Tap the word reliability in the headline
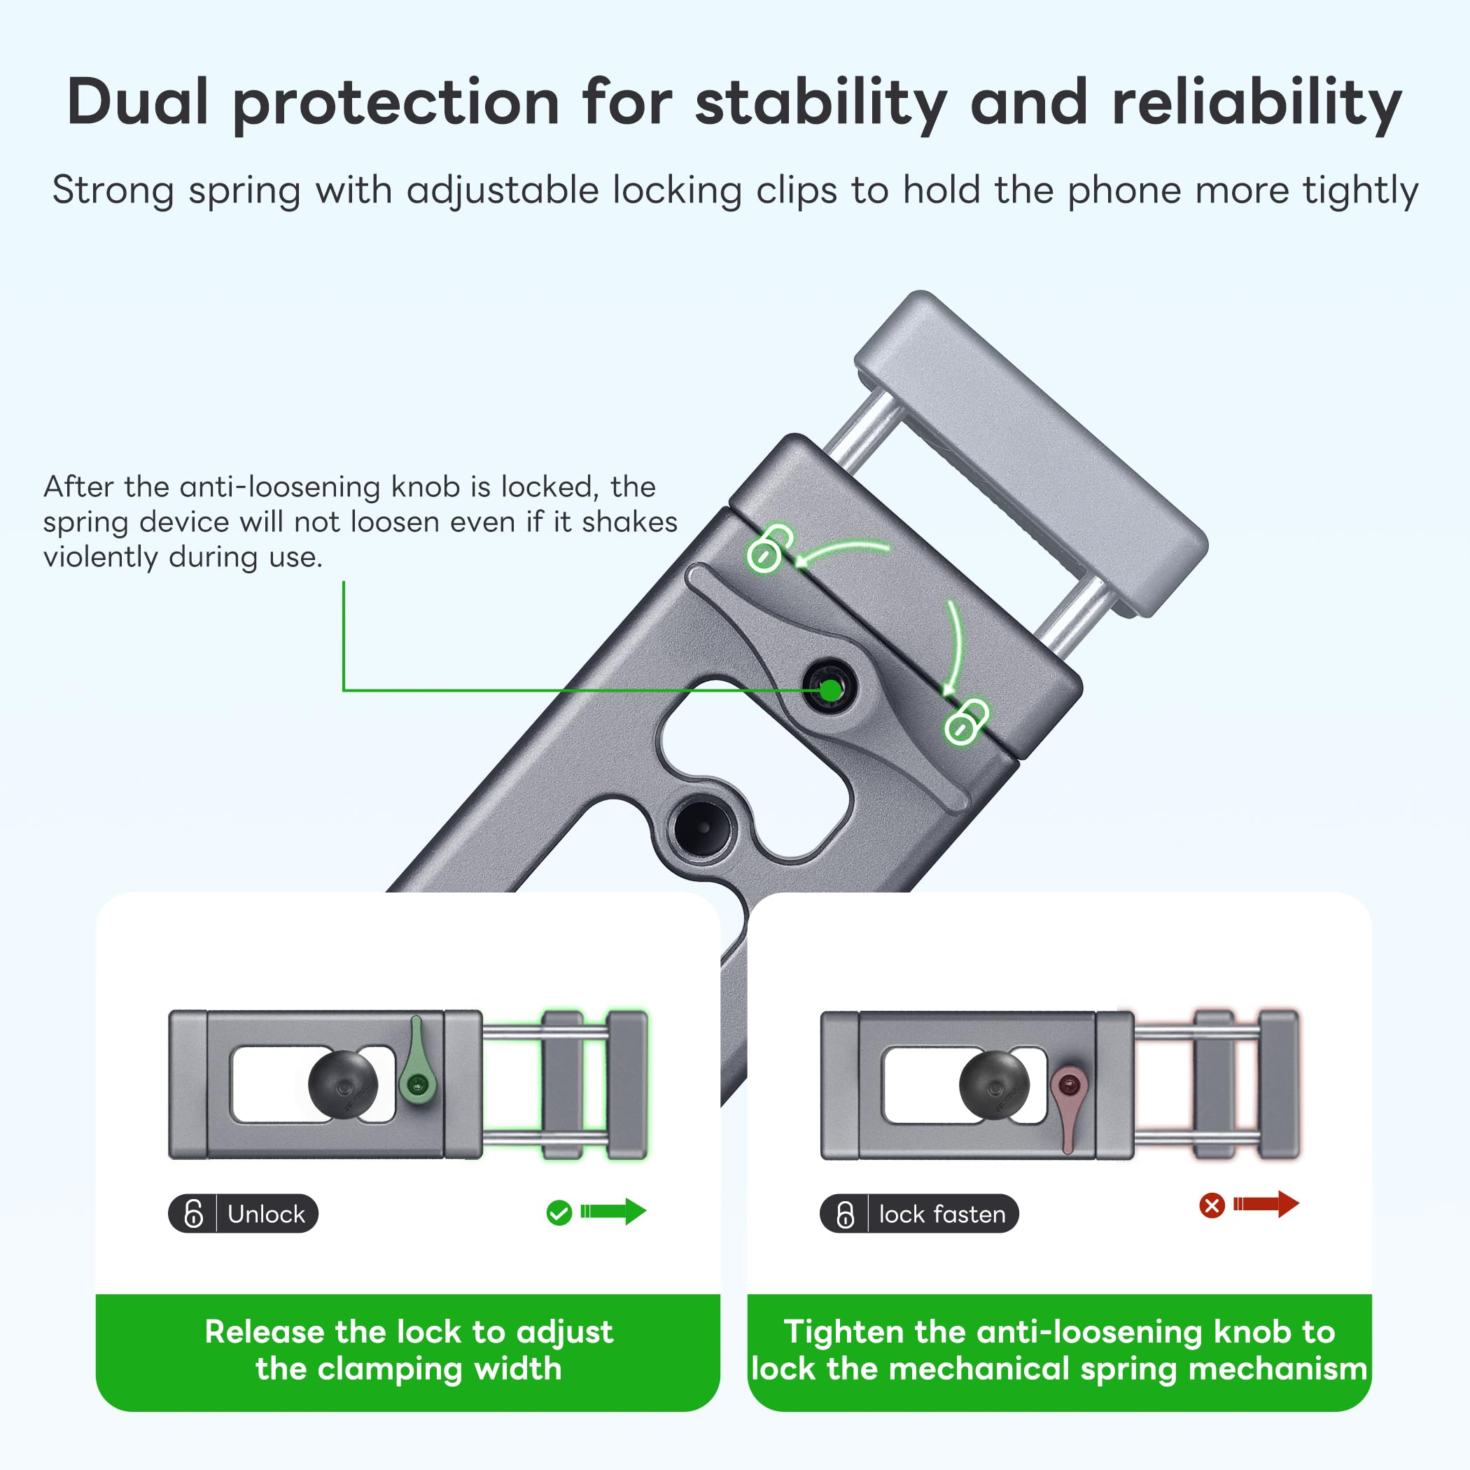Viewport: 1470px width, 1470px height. point(1256,105)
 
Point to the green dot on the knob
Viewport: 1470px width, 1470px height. point(831,690)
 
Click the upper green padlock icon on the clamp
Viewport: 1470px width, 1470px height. point(769,547)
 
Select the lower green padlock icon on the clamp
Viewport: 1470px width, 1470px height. point(965,720)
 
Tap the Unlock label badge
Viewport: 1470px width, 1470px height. point(244,1213)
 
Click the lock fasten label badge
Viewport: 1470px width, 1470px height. point(918,1214)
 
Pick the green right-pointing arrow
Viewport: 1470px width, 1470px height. point(613,1211)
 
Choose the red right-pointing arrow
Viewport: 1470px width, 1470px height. point(1266,1204)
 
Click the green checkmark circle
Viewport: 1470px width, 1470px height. point(559,1213)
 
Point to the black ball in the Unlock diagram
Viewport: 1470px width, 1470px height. point(343,1085)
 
